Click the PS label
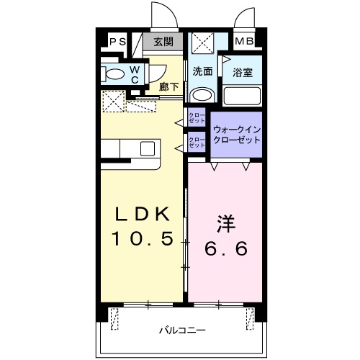click(x=118, y=42)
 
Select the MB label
click(x=244, y=42)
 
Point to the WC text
click(x=135, y=75)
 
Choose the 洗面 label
click(x=202, y=71)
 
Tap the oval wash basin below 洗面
click(x=203, y=94)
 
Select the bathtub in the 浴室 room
click(x=240, y=96)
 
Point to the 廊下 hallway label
click(x=168, y=85)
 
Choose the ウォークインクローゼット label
click(x=235, y=134)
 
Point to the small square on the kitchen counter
click(x=148, y=148)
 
